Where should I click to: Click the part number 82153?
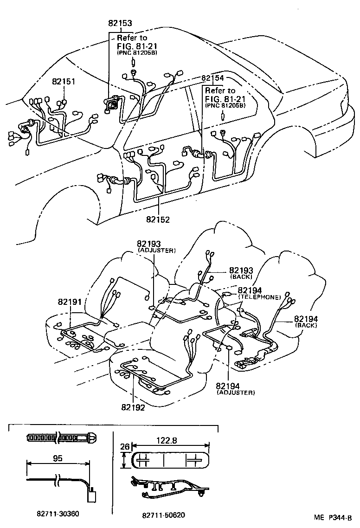point(120,23)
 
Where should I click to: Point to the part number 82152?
point(158,219)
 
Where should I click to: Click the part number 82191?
point(71,302)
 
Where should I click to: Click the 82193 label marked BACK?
point(241,270)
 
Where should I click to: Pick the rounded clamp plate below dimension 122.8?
point(171,461)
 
